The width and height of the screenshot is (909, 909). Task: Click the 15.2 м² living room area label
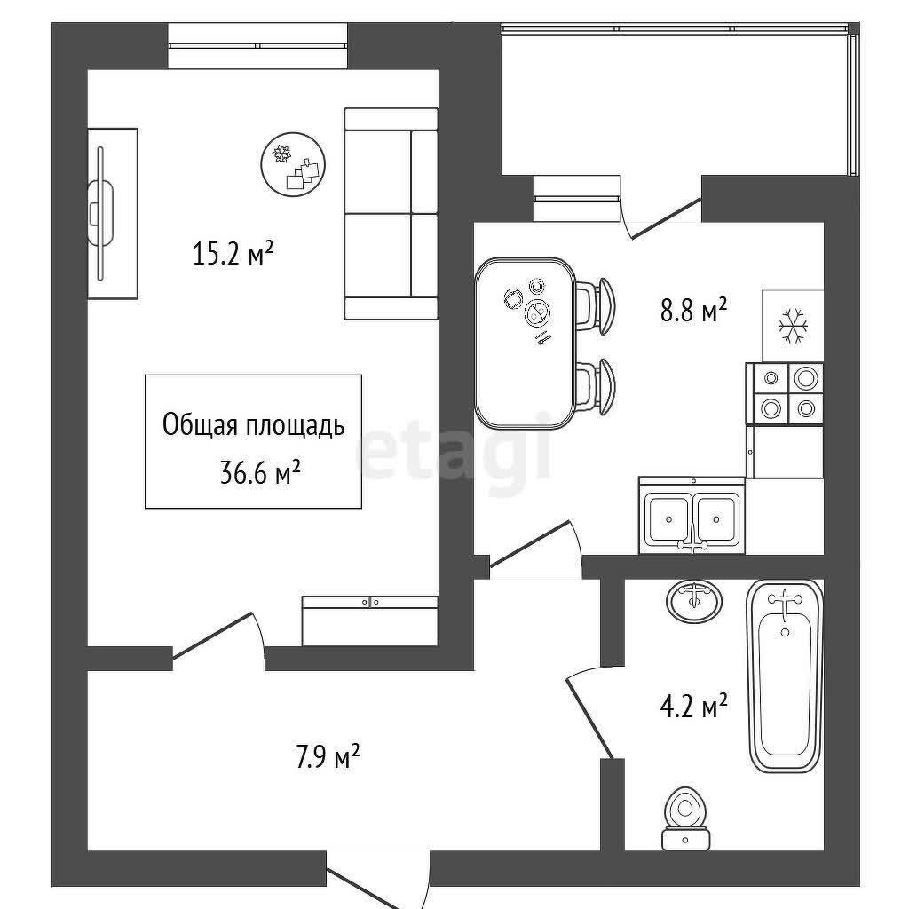tap(233, 254)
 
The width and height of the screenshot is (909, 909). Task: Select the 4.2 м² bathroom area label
tap(694, 706)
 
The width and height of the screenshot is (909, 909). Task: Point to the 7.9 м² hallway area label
tap(328, 756)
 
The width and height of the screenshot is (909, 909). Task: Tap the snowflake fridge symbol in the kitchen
tap(793, 325)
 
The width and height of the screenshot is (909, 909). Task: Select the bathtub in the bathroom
tap(786, 676)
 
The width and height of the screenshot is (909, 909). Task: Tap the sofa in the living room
tap(391, 213)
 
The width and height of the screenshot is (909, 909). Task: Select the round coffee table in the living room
tap(293, 164)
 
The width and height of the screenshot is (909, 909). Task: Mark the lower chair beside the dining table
tap(596, 385)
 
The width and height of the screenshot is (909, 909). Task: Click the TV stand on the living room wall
tap(113, 213)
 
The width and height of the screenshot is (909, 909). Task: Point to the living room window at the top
tap(258, 46)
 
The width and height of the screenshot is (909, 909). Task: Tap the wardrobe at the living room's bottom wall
tap(370, 620)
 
